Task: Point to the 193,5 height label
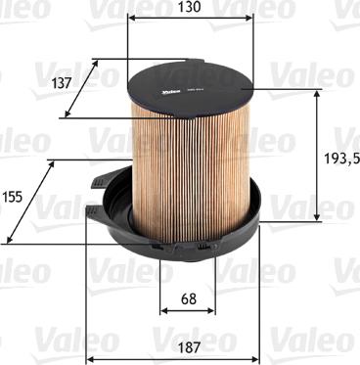[337, 157]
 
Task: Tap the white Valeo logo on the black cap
[161, 93]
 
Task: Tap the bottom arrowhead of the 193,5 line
[316, 216]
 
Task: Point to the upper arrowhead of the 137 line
[97, 61]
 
